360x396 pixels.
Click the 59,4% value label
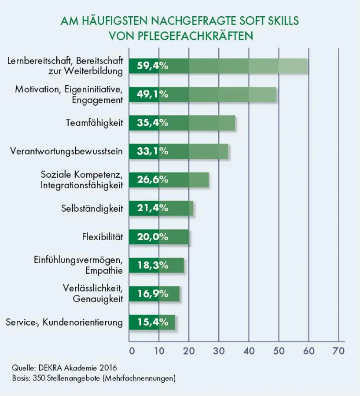[153, 66]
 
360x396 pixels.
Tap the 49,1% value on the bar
[153, 94]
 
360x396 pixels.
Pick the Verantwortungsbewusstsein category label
[66, 151]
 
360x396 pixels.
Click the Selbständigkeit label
[92, 208]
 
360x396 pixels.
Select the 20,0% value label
[153, 237]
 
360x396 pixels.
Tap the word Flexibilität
[102, 237]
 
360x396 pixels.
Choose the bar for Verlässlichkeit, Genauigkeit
[154, 293]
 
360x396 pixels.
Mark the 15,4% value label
[153, 322]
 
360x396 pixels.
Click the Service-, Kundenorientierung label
[64, 322]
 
